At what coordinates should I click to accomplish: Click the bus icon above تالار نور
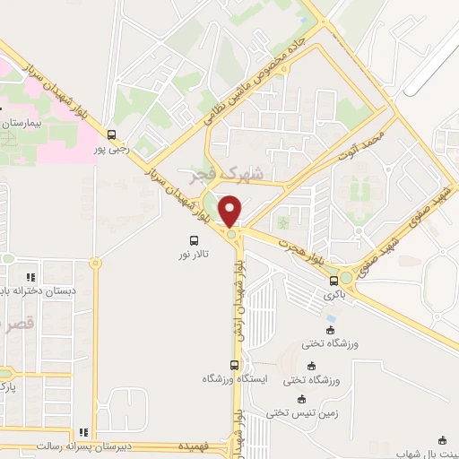coord(193,240)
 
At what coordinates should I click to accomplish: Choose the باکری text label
coord(334,294)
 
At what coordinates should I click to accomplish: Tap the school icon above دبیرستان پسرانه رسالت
coord(83,431)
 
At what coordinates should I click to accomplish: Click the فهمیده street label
coord(195,446)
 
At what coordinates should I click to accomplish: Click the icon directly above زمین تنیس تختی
coord(301,399)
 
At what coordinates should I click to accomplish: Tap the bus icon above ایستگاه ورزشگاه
coord(234,364)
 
